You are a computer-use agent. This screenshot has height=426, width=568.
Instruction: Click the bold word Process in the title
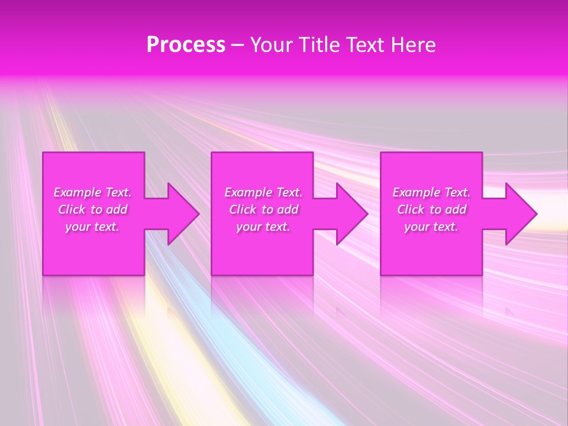[186, 45]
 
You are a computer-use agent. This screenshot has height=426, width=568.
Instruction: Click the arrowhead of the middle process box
[351, 214]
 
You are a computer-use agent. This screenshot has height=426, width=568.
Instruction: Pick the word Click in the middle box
[242, 209]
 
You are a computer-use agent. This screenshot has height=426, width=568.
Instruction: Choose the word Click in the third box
[410, 209]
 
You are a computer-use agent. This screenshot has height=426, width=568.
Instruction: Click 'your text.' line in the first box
[92, 227]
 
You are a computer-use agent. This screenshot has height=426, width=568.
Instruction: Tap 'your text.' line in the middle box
[263, 227]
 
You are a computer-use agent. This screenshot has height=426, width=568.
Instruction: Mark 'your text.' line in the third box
[431, 227]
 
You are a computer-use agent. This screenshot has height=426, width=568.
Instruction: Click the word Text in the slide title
[364, 45]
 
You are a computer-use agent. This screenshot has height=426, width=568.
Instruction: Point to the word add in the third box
[456, 209]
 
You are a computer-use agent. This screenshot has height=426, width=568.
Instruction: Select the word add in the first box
[117, 209]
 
